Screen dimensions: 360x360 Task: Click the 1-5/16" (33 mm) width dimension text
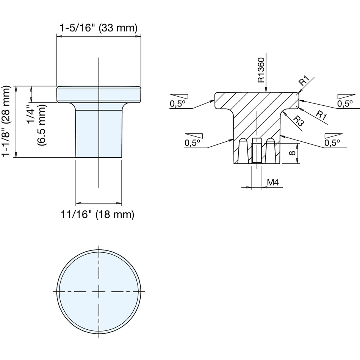pos(99,28)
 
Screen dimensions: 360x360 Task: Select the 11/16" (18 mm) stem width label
pos(97,214)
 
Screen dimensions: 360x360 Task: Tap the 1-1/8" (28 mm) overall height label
pos(6,121)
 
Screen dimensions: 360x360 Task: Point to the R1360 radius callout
pos(261,70)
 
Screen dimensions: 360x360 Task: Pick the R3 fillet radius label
pos(299,121)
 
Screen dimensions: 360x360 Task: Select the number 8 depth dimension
pos(292,153)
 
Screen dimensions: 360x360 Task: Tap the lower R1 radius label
pos(321,115)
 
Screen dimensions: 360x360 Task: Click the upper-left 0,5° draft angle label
pos(177,104)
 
